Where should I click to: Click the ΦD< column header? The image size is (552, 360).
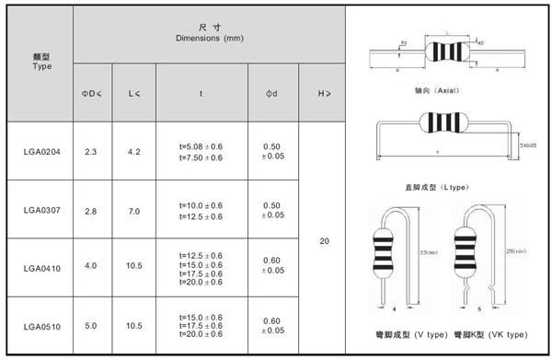click(91, 93)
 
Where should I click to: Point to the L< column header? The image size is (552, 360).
click(133, 93)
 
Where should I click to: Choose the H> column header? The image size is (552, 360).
click(324, 93)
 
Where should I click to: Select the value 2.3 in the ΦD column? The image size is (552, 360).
click(91, 151)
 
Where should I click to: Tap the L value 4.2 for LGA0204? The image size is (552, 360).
click(133, 151)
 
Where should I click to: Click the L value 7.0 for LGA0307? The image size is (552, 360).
click(133, 211)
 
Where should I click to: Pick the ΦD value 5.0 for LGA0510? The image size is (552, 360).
click(91, 326)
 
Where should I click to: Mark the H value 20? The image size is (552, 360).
click(324, 241)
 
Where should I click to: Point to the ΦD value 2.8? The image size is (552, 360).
click(91, 211)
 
